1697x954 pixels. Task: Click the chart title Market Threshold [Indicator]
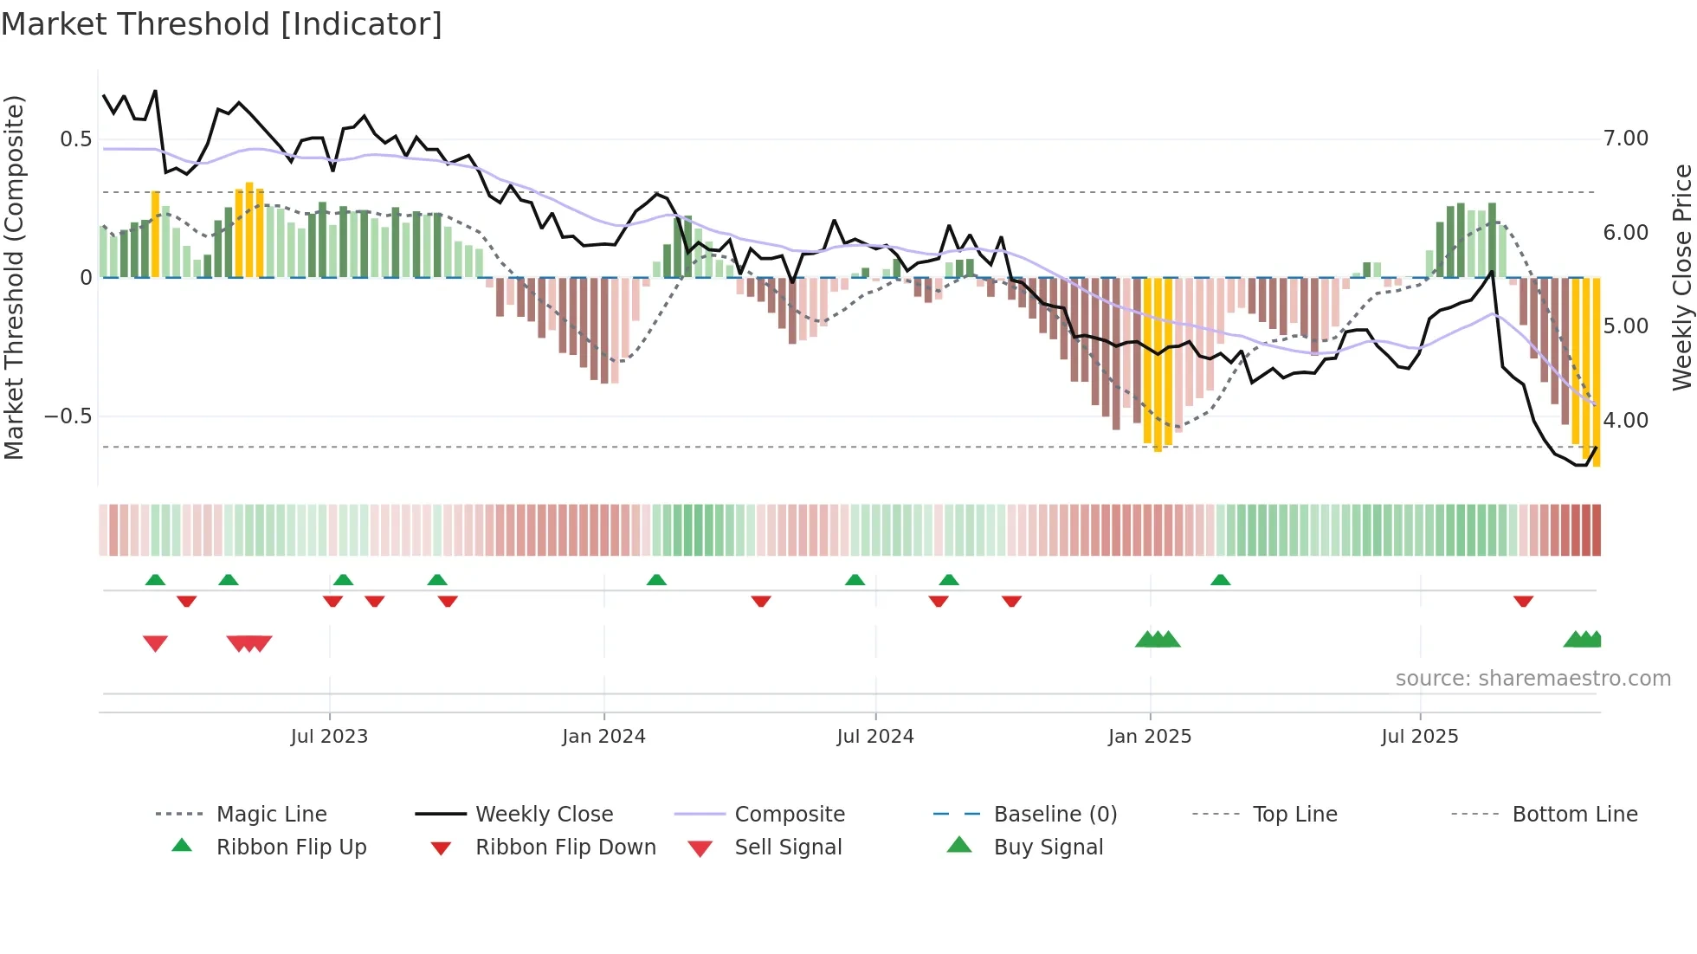[222, 24]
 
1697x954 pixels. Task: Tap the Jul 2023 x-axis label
[329, 737]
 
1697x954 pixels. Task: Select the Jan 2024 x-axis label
[603, 737]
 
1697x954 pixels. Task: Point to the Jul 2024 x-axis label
[874, 737]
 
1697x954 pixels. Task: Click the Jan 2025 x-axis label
[1149, 737]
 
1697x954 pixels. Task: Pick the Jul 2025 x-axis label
[1419, 737]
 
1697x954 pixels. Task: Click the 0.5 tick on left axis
[76, 139]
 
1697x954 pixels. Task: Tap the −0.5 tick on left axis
[68, 416]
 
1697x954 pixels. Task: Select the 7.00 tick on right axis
[1625, 139]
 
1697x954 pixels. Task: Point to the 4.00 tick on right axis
[1625, 421]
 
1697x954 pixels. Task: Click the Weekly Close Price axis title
[1681, 277]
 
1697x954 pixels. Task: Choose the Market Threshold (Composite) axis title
[14, 277]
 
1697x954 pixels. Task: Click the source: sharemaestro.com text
[1532, 679]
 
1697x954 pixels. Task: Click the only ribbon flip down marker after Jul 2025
[1523, 602]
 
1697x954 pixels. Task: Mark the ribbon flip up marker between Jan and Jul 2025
[1220, 580]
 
